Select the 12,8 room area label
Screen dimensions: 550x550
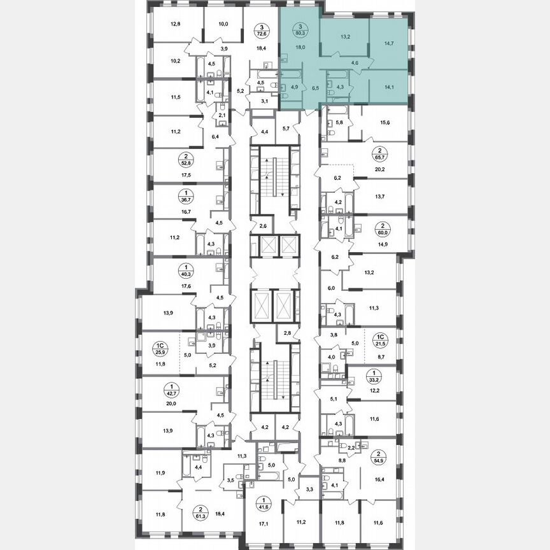pos(175,25)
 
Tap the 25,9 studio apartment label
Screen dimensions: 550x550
pos(160,351)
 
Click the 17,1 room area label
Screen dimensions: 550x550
pos(263,523)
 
